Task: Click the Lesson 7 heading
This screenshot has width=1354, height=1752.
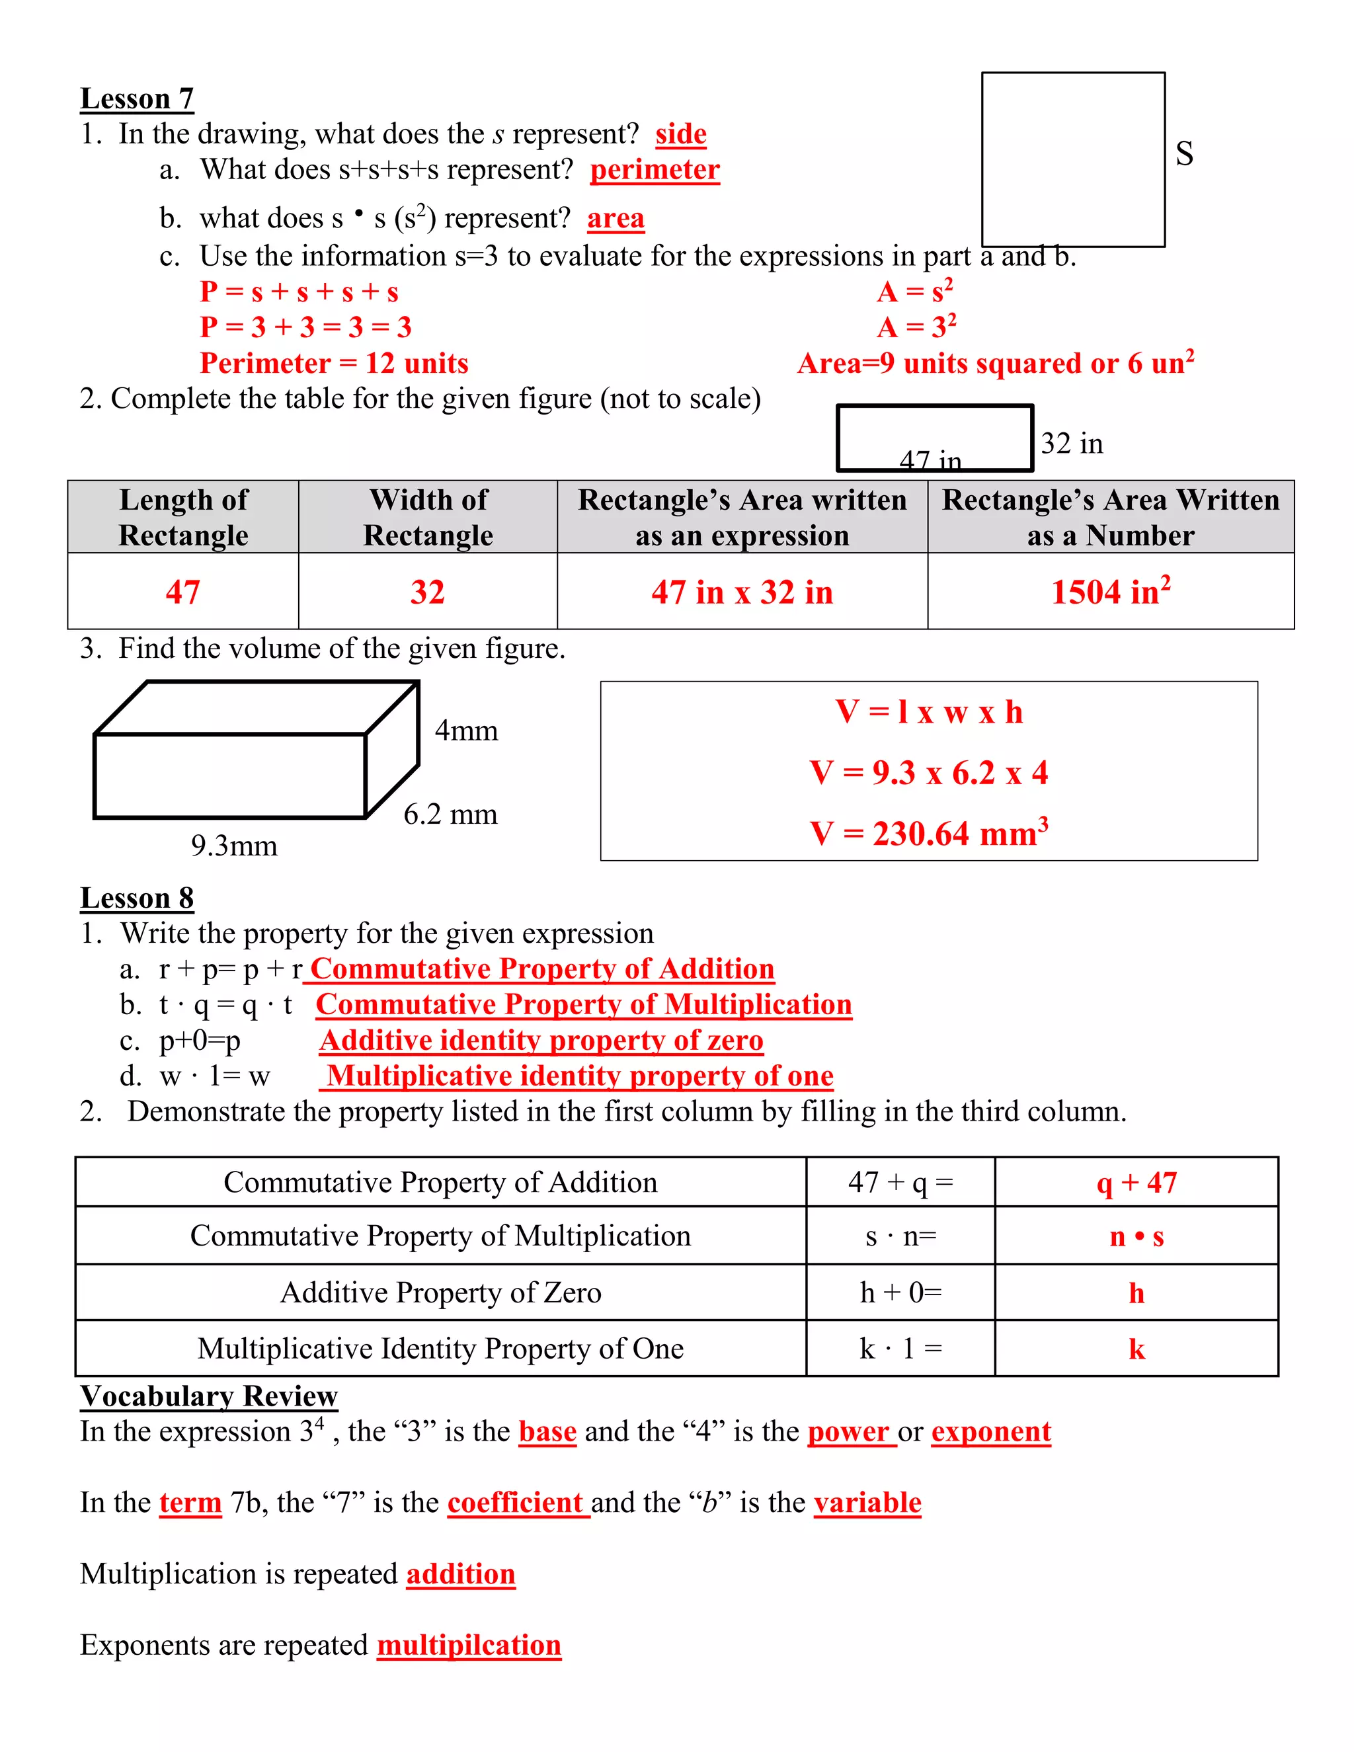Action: (137, 99)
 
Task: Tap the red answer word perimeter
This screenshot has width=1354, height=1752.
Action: (655, 170)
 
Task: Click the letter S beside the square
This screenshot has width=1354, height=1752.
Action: (1184, 153)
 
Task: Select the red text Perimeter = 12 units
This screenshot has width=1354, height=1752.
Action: (334, 364)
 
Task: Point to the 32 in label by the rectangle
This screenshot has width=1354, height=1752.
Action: (1072, 444)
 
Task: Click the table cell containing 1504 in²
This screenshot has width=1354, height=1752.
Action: (1110, 592)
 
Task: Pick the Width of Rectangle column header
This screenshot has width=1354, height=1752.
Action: (428, 518)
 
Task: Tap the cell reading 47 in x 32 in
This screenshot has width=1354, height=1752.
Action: (742, 592)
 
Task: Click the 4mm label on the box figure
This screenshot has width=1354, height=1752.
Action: (466, 731)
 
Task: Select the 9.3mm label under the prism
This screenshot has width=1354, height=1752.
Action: (234, 846)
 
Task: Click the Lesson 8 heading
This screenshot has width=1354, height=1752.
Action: (137, 898)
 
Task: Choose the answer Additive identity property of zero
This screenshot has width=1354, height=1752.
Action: (541, 1041)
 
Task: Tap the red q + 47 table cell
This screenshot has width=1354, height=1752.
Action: (1136, 1183)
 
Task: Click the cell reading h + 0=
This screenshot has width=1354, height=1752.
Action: (900, 1293)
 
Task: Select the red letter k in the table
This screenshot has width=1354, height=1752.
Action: (1136, 1349)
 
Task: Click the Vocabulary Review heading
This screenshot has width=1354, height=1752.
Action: (208, 1396)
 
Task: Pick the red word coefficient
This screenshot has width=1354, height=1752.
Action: (515, 1503)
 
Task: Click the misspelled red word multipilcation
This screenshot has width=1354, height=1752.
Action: (469, 1646)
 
